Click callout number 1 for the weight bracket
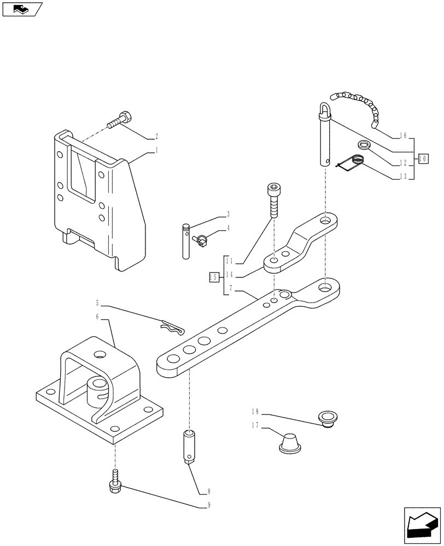click(x=157, y=149)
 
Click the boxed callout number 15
click(x=214, y=277)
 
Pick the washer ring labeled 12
click(x=363, y=145)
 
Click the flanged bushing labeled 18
click(x=328, y=419)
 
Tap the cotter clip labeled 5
click(x=172, y=327)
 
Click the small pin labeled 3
click(x=185, y=240)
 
